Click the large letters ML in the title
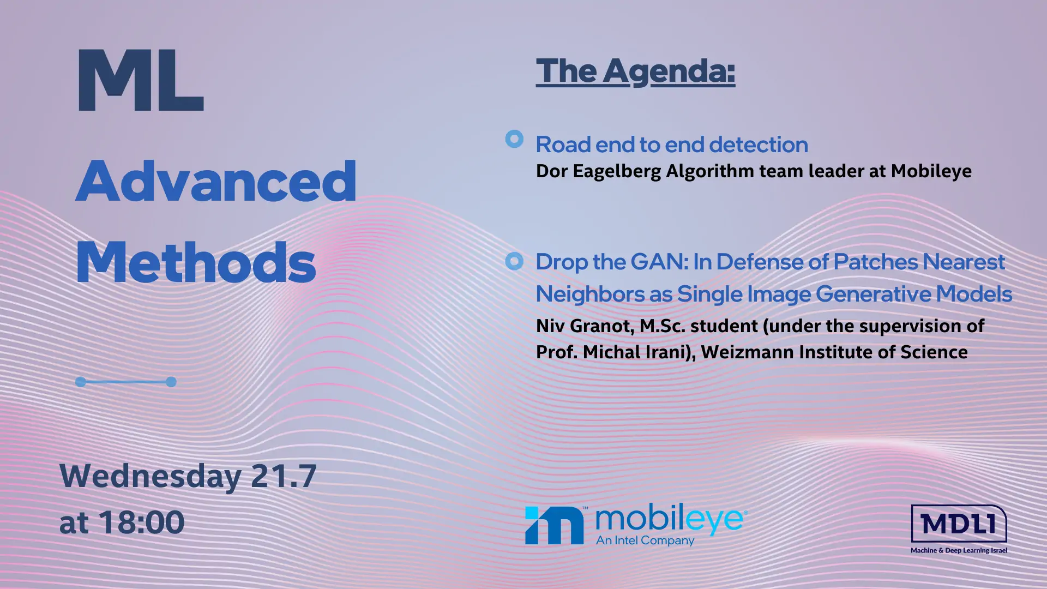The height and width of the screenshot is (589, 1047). point(141,81)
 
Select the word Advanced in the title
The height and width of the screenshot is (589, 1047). point(216,181)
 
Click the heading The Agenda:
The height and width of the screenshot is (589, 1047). point(635,71)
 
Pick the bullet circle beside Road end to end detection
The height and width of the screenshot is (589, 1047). point(514,139)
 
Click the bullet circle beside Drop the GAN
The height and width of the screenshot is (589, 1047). point(514,261)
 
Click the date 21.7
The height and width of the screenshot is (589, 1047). point(284,476)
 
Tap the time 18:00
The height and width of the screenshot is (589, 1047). point(142,522)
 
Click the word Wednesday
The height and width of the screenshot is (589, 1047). point(151,476)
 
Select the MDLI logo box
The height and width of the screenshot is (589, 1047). point(959,524)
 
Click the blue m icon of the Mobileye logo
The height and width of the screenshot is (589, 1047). point(554,525)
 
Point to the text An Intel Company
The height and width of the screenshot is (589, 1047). point(645,540)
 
